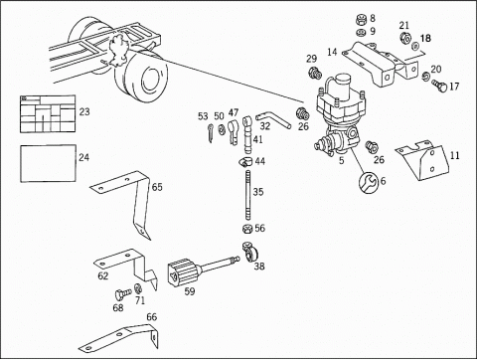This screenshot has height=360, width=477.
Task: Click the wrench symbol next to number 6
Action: tap(369, 182)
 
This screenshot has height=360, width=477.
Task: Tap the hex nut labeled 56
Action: tap(246, 229)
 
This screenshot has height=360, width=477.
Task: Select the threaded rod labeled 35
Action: tap(247, 195)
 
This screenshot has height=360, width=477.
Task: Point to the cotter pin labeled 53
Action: tap(211, 133)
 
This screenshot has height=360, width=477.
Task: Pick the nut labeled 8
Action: tap(361, 20)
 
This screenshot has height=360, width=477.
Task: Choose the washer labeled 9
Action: tap(361, 33)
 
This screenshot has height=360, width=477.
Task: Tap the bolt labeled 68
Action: tap(122, 294)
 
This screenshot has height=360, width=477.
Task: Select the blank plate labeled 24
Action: tap(49, 163)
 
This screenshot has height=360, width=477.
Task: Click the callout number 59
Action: tap(190, 291)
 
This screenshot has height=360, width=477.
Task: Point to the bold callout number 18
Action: tap(426, 39)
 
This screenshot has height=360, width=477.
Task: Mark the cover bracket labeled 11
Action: tap(423, 160)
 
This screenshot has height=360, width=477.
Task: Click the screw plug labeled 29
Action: tap(315, 73)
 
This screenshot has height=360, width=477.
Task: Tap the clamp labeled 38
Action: tap(250, 253)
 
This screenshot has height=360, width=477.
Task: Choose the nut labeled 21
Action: tap(404, 37)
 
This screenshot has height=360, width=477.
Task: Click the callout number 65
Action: tap(157, 187)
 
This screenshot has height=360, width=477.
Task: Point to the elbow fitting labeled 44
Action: tap(245, 162)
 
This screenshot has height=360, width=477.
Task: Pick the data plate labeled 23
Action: tap(48, 114)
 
